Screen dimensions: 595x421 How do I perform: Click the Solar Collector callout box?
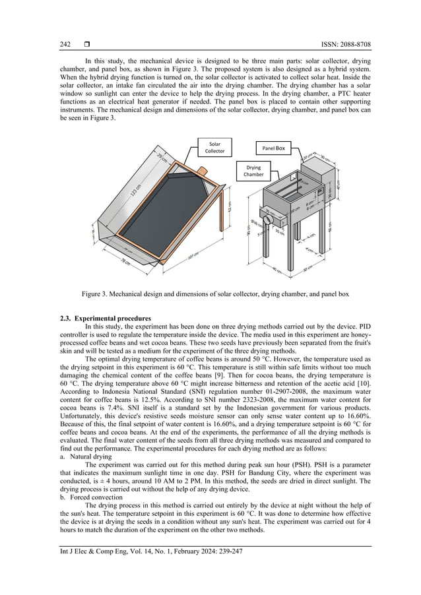coord(215,146)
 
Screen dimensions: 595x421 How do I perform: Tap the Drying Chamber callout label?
coord(253,171)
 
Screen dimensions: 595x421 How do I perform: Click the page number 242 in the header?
coord(65,44)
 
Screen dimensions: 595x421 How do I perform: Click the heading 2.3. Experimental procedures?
coord(105,319)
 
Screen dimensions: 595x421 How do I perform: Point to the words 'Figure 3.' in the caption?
coord(96,293)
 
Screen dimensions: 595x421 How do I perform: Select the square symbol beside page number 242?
coord(87,44)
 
